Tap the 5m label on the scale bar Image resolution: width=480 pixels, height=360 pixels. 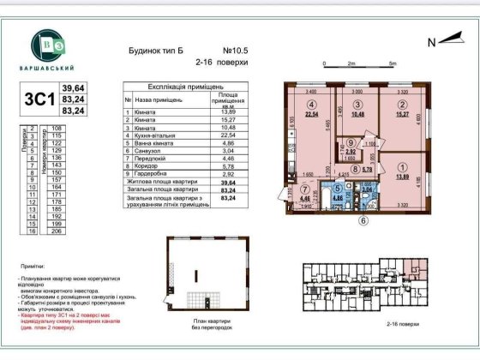pyautogui.click(x=392, y=63)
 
